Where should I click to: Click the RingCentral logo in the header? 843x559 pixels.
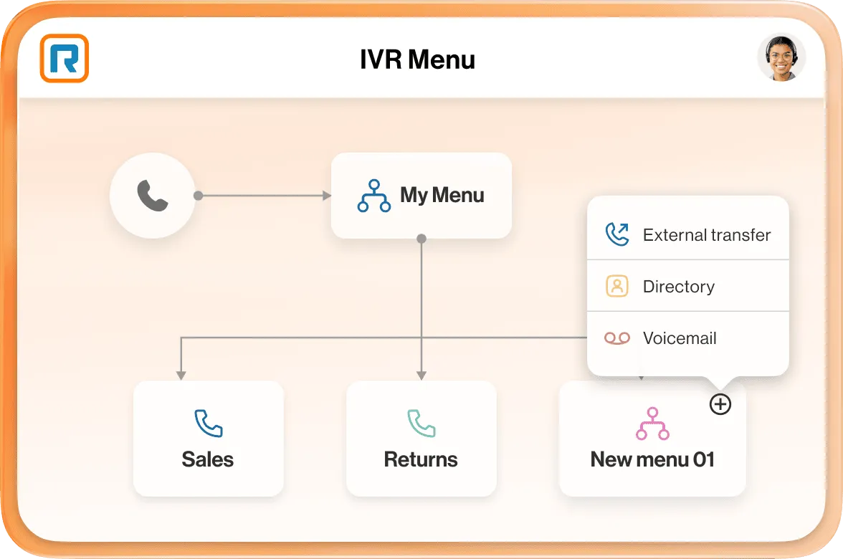tap(64, 58)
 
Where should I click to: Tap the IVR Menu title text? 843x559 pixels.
tap(417, 59)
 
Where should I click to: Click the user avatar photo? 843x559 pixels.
tap(781, 57)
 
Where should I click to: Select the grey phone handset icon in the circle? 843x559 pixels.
tap(152, 196)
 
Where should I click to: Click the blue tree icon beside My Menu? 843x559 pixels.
tap(373, 196)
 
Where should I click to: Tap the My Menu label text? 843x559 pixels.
tap(442, 195)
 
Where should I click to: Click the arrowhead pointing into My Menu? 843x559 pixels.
tap(327, 196)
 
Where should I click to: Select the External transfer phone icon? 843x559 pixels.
tap(616, 234)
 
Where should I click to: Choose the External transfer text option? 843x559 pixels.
tap(706, 235)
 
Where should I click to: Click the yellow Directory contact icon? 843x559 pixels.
tap(616, 286)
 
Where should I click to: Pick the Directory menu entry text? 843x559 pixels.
tap(678, 287)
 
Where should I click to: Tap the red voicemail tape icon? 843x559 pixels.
tap(616, 338)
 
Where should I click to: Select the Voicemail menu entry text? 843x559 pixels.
tap(679, 338)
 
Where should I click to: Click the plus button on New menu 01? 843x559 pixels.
tap(720, 404)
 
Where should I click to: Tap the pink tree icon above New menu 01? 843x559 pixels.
tap(652, 424)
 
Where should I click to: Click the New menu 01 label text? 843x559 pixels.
tap(652, 459)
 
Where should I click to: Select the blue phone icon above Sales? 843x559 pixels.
tap(209, 424)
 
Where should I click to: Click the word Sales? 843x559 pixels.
tap(208, 459)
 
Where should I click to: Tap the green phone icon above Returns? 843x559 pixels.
tap(421, 424)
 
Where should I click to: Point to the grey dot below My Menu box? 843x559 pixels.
tap(421, 238)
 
